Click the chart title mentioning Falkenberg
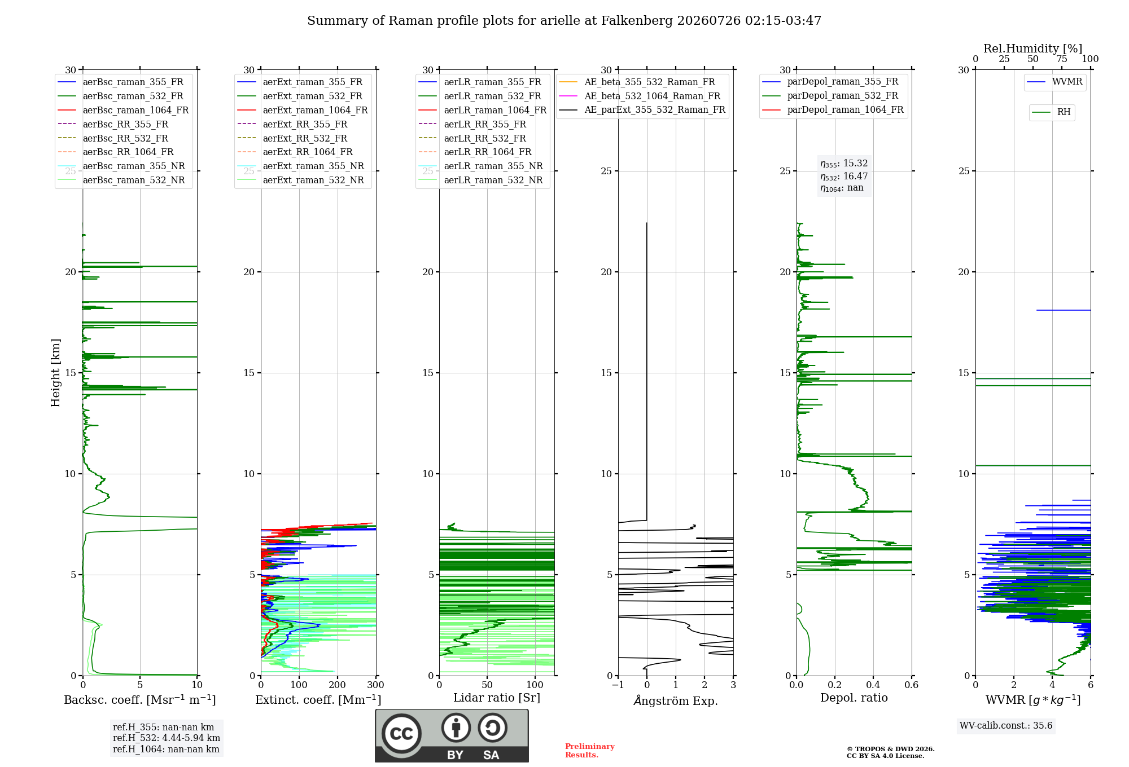click(x=564, y=21)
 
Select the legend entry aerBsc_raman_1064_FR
click(x=135, y=110)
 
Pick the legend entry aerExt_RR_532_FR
click(x=305, y=138)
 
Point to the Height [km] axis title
click(x=55, y=373)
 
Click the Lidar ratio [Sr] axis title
click(x=497, y=698)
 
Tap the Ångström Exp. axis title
click(x=676, y=700)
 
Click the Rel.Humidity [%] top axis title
click(x=1033, y=49)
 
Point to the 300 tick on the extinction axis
click(x=376, y=685)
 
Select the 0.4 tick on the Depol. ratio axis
click(x=873, y=685)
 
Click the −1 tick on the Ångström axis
click(x=618, y=685)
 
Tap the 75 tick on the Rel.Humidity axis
click(x=1062, y=59)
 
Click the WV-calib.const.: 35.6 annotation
click(x=1006, y=726)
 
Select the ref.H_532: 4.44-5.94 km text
click(x=167, y=738)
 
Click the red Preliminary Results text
click(x=590, y=751)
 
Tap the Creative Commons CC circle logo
click(x=401, y=734)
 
